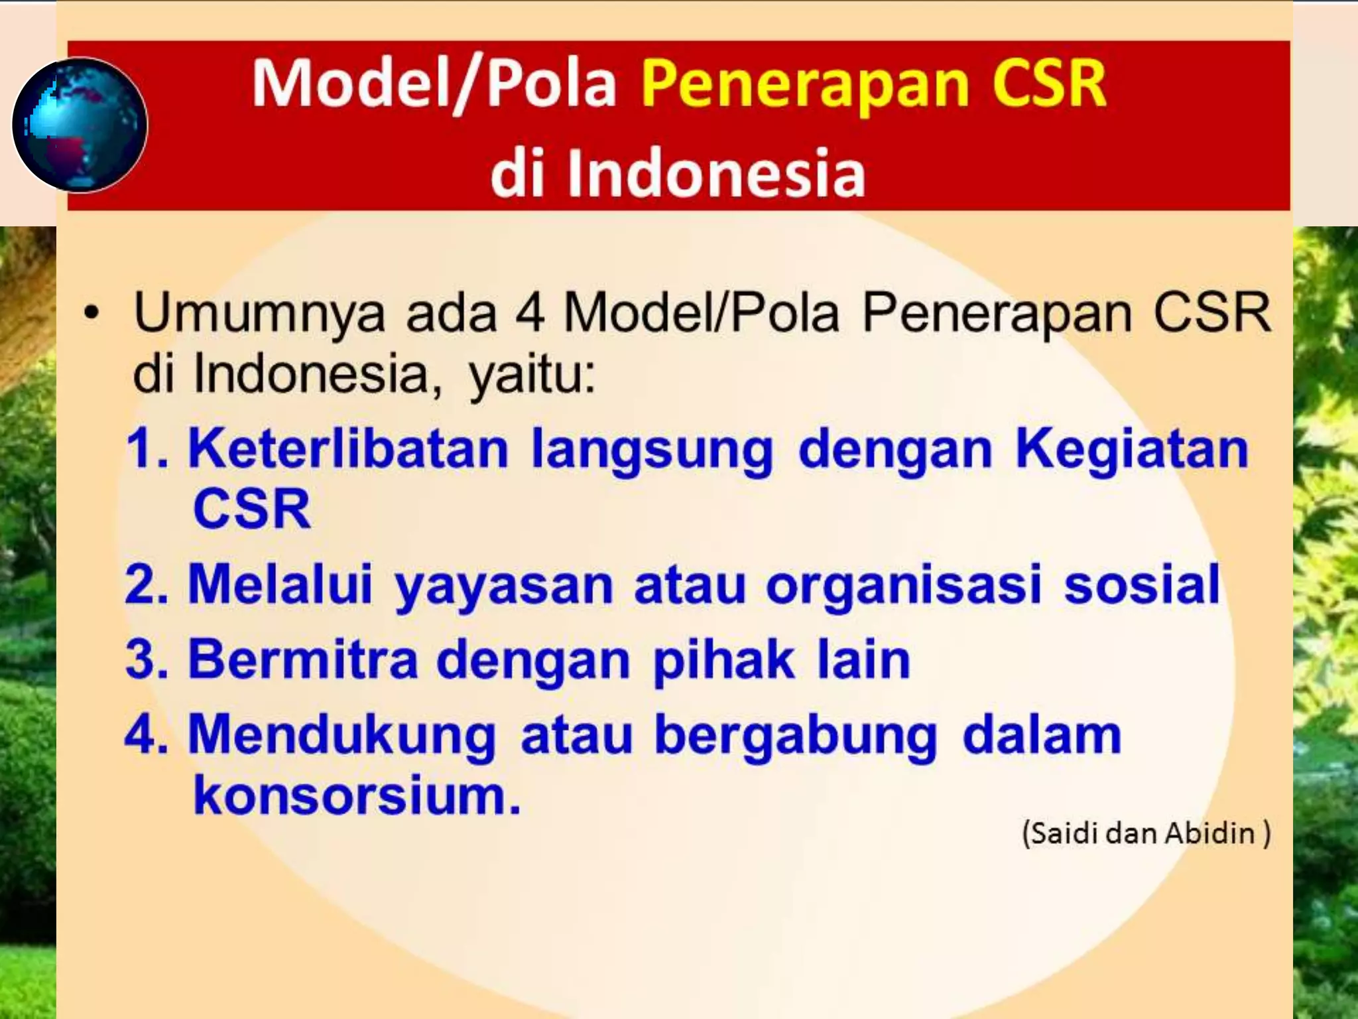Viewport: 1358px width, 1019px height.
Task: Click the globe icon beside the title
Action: coord(80,125)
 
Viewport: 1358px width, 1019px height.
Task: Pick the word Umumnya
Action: coord(259,313)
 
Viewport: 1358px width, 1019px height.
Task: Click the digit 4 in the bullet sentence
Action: coord(530,313)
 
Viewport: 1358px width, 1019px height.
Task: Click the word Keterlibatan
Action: coord(348,449)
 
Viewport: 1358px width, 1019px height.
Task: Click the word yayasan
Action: coord(503,586)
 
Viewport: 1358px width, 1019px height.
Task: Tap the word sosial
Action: coord(1141,584)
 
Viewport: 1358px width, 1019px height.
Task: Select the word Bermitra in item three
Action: coord(303,659)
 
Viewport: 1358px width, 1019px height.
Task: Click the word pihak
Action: coord(723,661)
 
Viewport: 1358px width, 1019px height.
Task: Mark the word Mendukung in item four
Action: coord(341,736)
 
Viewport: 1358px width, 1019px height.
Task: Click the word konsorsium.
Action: coord(356,795)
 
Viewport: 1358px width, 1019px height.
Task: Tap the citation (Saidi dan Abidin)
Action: coord(1146,833)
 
